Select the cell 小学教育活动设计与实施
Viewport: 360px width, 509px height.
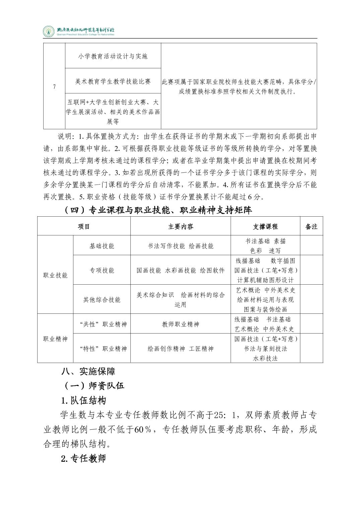(x=113, y=56)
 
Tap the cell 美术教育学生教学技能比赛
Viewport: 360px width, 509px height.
(x=113, y=81)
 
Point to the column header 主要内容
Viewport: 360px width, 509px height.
(x=181, y=227)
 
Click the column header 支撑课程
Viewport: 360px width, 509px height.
(x=265, y=227)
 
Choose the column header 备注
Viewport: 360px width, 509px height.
(x=311, y=227)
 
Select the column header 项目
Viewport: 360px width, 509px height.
(x=84, y=227)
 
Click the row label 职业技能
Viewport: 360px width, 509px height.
(x=55, y=275)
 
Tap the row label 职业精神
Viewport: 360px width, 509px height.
(x=55, y=339)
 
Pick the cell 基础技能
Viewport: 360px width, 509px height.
(x=102, y=246)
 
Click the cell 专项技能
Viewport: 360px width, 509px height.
(x=102, y=270)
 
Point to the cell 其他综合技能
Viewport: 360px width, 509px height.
(x=102, y=300)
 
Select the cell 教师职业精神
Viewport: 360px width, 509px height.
(x=181, y=324)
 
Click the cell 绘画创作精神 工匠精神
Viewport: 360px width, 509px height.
(x=181, y=349)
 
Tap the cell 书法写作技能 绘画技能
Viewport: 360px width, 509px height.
(x=181, y=246)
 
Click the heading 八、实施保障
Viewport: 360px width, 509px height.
(x=88, y=371)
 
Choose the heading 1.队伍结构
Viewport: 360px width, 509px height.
(x=83, y=401)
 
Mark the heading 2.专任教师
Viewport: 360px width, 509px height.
(x=83, y=458)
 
